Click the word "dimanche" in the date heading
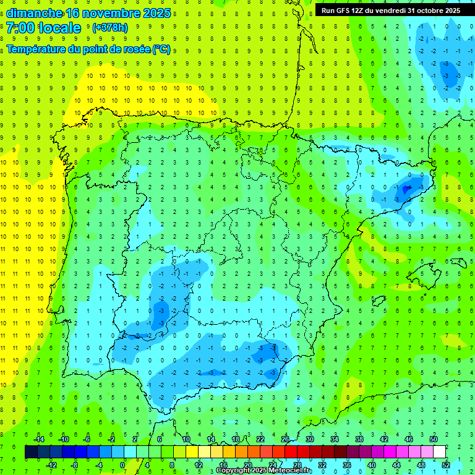tap(34, 14)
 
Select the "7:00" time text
tap(20, 28)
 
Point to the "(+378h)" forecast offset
tap(111, 28)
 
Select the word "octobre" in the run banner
tap(426, 11)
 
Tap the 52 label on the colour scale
tap(446, 464)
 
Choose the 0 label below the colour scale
tap(122, 464)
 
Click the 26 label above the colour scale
tap(285, 439)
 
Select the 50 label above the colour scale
tap(434, 439)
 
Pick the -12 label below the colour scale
tap(52, 464)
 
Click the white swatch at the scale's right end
tap(439, 452)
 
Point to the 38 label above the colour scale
tap(359, 439)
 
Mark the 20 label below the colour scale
tap(247, 464)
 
